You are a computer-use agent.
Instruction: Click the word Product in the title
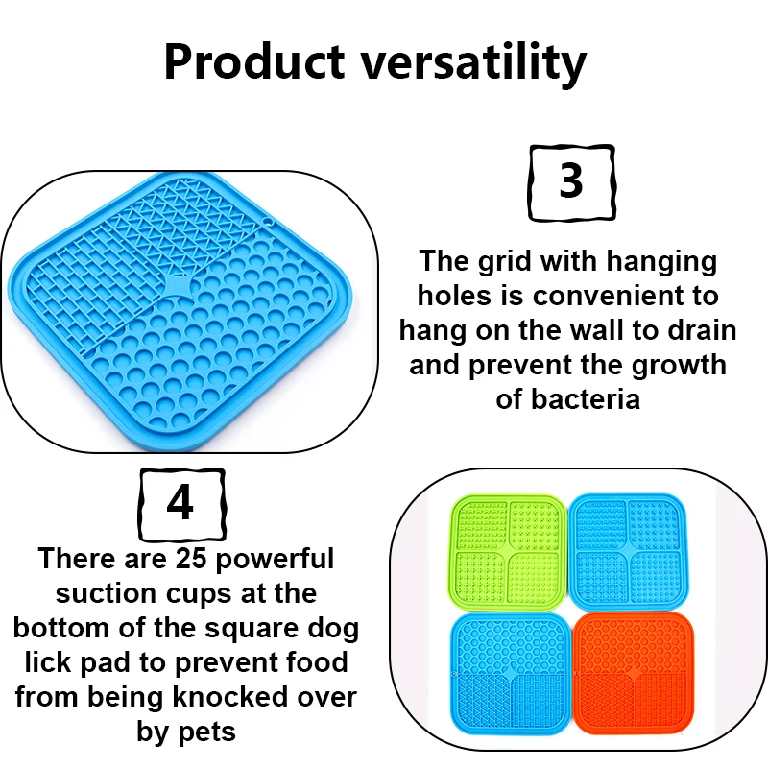[x=254, y=62]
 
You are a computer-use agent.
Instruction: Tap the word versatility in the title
[x=473, y=64]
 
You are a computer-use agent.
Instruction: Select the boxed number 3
[x=571, y=182]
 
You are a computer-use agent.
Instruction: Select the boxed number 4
[x=181, y=504]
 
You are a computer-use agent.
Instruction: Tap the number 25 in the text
[x=191, y=558]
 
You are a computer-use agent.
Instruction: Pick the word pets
[x=206, y=732]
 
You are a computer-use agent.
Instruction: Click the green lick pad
[x=508, y=552]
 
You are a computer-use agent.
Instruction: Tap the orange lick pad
[x=633, y=673]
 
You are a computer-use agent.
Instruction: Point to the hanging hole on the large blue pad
[x=269, y=222]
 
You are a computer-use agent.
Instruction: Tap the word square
[x=252, y=629]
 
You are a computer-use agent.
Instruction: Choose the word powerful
[x=275, y=560]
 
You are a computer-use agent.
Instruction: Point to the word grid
[x=505, y=262]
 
